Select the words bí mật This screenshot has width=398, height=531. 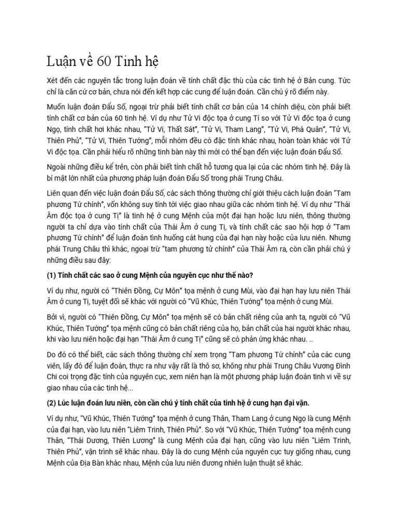[52, 178]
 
